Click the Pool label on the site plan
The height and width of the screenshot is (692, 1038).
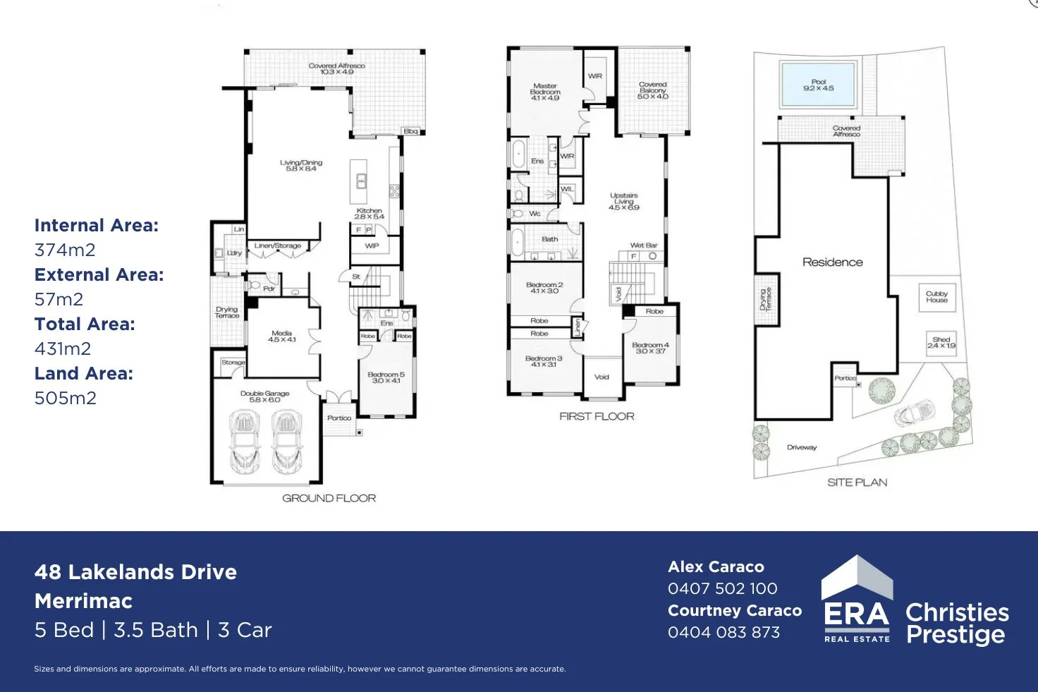(818, 85)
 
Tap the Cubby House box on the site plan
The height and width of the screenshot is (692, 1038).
(936, 297)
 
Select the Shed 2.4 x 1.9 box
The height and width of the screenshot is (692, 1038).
(941, 343)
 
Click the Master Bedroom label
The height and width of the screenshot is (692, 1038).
(545, 92)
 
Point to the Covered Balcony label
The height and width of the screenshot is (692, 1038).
(652, 90)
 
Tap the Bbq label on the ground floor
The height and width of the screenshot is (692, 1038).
(410, 131)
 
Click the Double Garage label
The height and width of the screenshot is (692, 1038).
(264, 396)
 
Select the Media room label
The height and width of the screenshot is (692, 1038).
(281, 336)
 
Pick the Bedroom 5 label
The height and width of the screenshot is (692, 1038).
(386, 377)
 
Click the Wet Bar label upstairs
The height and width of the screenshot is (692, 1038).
(643, 245)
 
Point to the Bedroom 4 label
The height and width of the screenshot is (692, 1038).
(650, 348)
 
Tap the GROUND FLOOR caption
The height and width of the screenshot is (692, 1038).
(329, 498)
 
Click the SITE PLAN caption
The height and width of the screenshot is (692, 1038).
(857, 482)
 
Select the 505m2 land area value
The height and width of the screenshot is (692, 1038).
(66, 398)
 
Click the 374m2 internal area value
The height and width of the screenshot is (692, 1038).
(65, 250)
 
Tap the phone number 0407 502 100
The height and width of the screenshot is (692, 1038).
(722, 588)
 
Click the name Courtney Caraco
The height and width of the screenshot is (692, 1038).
(734, 610)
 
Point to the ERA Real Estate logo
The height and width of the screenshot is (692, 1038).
(857, 600)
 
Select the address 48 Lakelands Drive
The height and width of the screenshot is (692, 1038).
(135, 571)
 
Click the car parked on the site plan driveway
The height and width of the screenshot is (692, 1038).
(914, 413)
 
